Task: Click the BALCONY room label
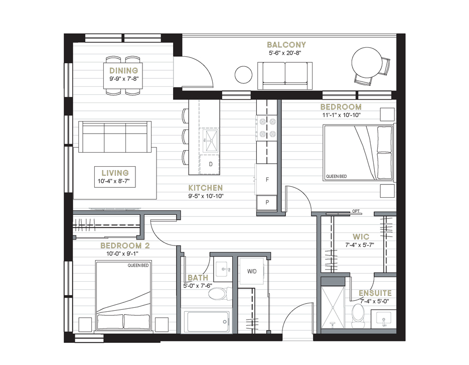point(286,45)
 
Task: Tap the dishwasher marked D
point(210,164)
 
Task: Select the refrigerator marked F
point(266,179)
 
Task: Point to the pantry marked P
point(267,202)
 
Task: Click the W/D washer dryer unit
point(251,271)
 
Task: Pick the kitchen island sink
point(210,140)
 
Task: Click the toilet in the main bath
point(220,294)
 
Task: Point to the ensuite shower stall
point(332,307)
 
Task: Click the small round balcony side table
point(243,75)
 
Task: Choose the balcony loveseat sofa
point(285,76)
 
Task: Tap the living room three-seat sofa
point(115,137)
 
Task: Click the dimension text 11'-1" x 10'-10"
point(341,115)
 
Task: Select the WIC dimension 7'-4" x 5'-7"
point(360,245)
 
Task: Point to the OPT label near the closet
point(356,211)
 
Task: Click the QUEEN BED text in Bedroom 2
point(138,265)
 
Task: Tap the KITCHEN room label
point(206,188)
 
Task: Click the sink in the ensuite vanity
point(383,319)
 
